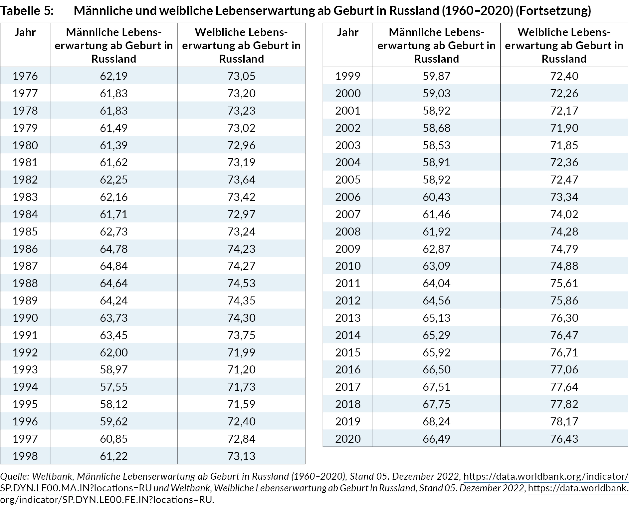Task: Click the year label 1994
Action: click(x=25, y=387)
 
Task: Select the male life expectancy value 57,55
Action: click(x=113, y=387)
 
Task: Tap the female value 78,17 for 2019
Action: click(x=564, y=421)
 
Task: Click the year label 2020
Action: click(x=348, y=439)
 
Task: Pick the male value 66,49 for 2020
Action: click(x=436, y=439)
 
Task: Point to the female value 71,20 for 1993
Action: click(x=241, y=369)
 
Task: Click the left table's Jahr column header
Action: click(x=25, y=32)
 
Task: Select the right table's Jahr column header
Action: click(x=348, y=32)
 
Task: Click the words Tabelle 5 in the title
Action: click(x=27, y=11)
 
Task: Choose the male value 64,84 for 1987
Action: click(x=113, y=266)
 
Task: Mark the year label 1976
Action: click(x=25, y=76)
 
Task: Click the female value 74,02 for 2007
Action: click(x=564, y=214)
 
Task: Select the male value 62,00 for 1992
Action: click(x=113, y=352)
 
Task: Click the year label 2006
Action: click(x=348, y=197)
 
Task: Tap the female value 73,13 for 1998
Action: click(x=241, y=456)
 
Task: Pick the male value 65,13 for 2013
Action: click(x=436, y=318)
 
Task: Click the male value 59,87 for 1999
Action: click(x=436, y=76)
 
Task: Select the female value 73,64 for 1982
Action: click(x=241, y=180)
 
